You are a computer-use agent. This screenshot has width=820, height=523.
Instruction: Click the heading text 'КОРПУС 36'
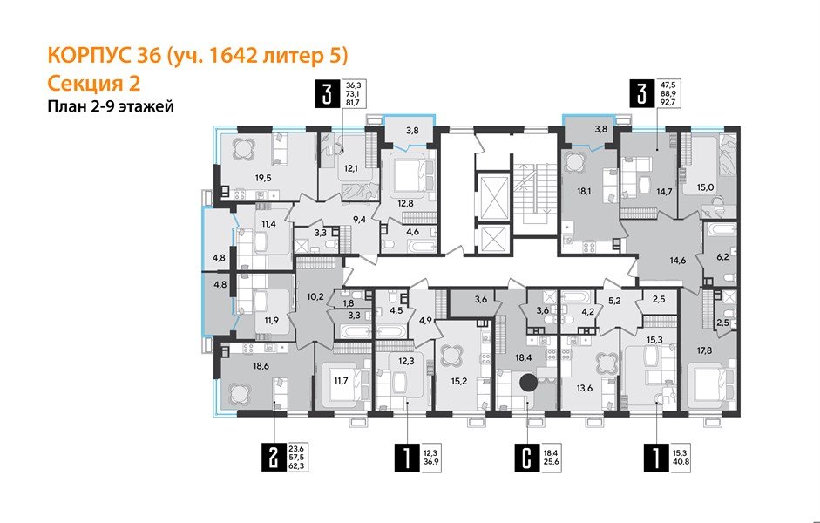pos(101,56)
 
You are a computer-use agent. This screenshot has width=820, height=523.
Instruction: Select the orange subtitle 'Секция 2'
pos(93,83)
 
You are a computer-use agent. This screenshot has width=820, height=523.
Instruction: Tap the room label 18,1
pos(573,185)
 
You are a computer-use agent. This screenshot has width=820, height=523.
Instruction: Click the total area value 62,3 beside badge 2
pos(304,467)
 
